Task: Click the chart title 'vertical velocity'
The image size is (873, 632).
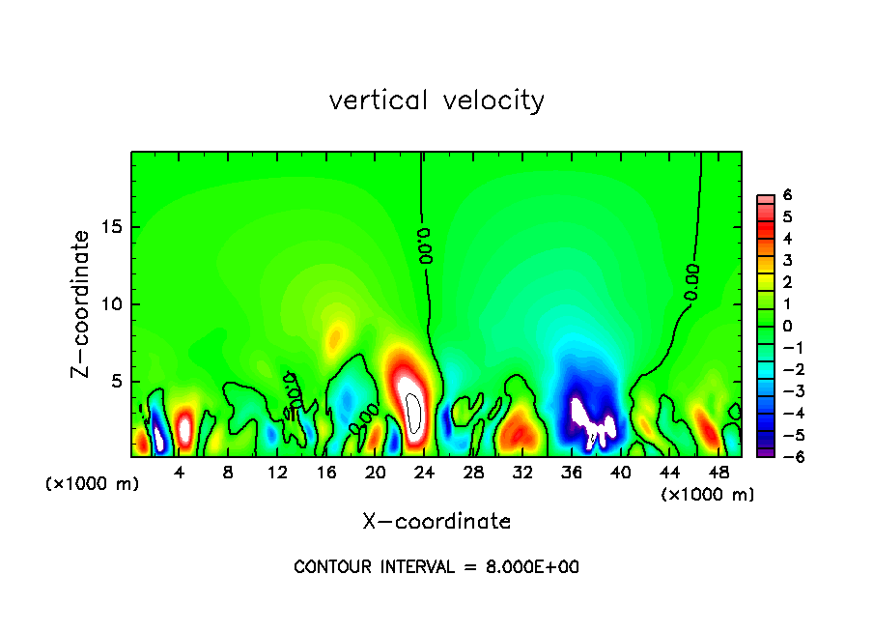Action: (436, 101)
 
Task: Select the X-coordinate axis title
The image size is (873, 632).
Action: (436, 522)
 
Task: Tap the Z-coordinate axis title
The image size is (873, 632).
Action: (81, 303)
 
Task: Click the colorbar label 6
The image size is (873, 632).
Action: (787, 194)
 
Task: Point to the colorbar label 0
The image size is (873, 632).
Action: (787, 326)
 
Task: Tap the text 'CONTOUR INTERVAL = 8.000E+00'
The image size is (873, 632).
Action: (436, 567)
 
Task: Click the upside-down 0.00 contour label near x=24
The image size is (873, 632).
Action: (426, 245)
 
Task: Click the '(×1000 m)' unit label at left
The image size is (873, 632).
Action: (93, 484)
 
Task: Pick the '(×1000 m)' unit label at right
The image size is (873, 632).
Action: (708, 495)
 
